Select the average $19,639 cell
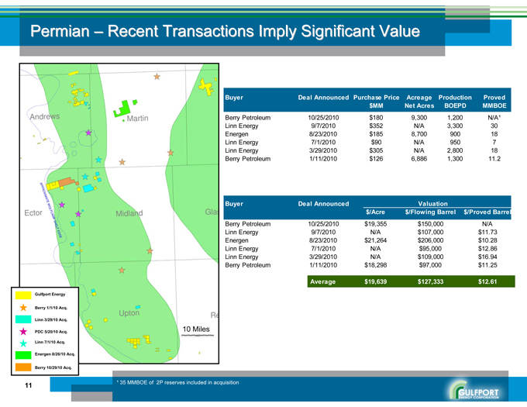pyautogui.click(x=376, y=281)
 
